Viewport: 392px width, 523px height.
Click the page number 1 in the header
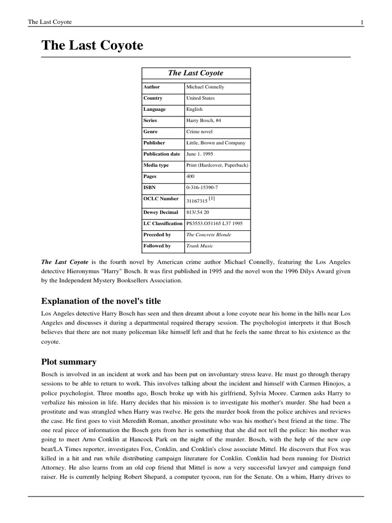pyautogui.click(x=361, y=22)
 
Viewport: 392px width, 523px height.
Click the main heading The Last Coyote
pyautogui.click(x=92, y=46)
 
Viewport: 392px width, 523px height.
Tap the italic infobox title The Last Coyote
pyautogui.click(x=195, y=73)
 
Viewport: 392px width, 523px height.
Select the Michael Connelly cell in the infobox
pyautogui.click(x=205, y=87)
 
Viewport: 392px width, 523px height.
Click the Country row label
pyautogui.click(x=153, y=98)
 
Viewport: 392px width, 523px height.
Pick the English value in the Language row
pyautogui.click(x=194, y=109)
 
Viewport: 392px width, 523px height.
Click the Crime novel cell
pyautogui.click(x=200, y=132)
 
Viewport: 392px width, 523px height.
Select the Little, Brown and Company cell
pyautogui.click(x=216, y=143)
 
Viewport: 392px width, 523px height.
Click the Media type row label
pyautogui.click(x=156, y=165)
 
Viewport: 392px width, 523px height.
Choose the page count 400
pyautogui.click(x=191, y=177)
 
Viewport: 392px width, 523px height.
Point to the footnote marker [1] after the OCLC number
pyautogui.click(x=212, y=199)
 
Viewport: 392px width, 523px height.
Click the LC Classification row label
pyautogui.click(x=163, y=224)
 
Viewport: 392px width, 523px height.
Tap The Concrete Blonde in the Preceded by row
pyautogui.click(x=209, y=235)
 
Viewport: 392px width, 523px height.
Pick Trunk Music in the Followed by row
pyautogui.click(x=199, y=246)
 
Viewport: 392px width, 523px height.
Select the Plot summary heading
pyautogui.click(x=69, y=362)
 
